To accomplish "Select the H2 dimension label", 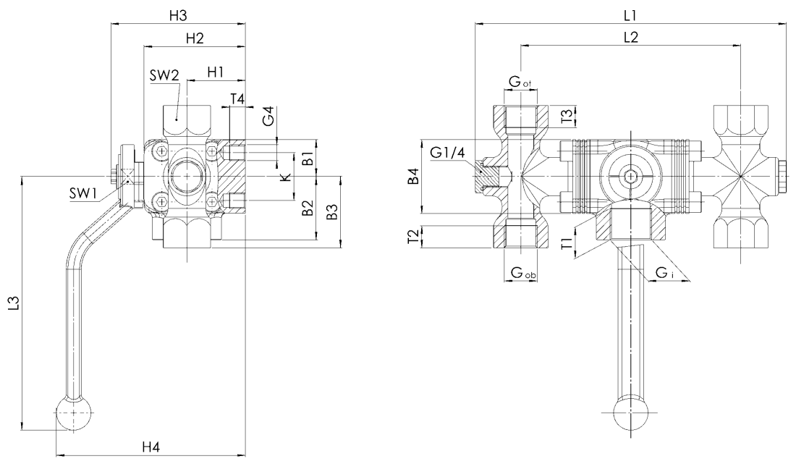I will (193, 39).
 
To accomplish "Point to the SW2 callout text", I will (164, 77).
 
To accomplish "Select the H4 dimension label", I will (150, 447).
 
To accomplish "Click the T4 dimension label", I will (237, 98).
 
